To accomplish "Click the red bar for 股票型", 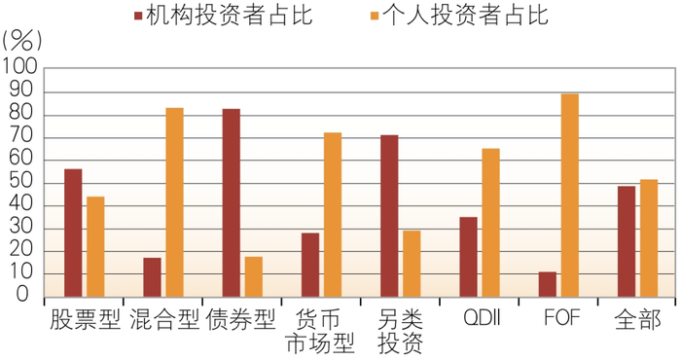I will [73, 234].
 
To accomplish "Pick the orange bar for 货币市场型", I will [333, 214].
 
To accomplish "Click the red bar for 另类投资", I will [389, 216].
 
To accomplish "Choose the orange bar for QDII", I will [490, 223].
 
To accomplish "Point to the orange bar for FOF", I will [570, 196].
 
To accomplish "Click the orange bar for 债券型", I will [253, 277].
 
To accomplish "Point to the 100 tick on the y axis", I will [20, 70].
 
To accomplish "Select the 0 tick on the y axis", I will [32, 298].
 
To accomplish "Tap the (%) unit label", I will [22, 42].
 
